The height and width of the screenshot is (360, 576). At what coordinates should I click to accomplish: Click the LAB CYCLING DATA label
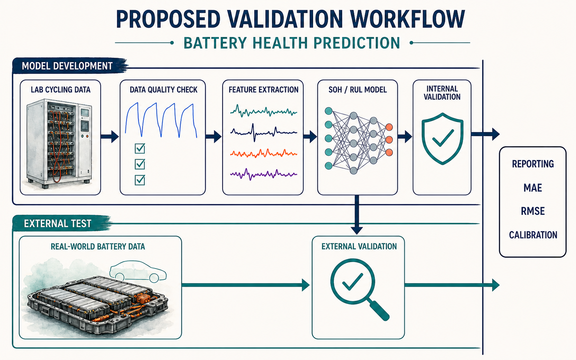pyautogui.click(x=61, y=90)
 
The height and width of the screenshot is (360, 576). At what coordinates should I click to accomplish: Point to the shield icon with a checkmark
pyautogui.click(x=442, y=139)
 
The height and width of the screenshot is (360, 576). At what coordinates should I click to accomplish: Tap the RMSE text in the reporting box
pyautogui.click(x=533, y=211)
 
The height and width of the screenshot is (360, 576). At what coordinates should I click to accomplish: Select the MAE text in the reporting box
pyautogui.click(x=533, y=188)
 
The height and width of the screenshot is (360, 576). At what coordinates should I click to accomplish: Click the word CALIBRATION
pyautogui.click(x=533, y=235)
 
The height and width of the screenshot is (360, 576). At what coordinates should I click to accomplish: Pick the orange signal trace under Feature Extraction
pyautogui.click(x=264, y=154)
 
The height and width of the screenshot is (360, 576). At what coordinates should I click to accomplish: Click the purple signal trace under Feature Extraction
pyautogui.click(x=264, y=174)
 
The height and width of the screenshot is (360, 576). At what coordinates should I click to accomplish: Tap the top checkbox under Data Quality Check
pyautogui.click(x=140, y=148)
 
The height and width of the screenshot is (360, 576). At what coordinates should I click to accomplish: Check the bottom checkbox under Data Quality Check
pyautogui.click(x=140, y=180)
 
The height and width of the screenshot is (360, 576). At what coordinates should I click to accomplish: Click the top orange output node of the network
pyautogui.click(x=389, y=127)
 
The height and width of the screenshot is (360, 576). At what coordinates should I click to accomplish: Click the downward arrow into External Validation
pyautogui.click(x=357, y=215)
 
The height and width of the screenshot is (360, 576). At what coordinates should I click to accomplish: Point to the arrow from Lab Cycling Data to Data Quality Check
pyautogui.click(x=110, y=136)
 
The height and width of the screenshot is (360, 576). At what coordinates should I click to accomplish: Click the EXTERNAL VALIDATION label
pyautogui.click(x=359, y=246)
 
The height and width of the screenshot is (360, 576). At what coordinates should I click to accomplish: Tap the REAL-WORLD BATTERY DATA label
pyautogui.click(x=98, y=247)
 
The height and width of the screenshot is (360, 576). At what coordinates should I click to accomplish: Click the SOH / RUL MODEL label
pyautogui.click(x=358, y=90)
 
